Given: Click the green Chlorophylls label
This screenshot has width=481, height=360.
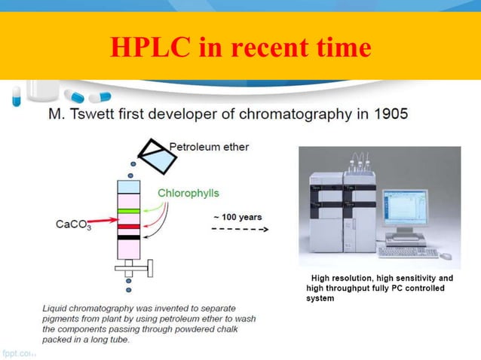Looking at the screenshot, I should [x=188, y=193].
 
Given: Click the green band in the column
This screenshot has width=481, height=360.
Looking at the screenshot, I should [x=127, y=211].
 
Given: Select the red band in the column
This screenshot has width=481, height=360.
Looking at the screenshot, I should [x=127, y=225].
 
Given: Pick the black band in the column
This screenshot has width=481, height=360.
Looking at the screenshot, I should [x=127, y=238].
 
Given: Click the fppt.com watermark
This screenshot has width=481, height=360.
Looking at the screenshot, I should [x=19, y=352].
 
